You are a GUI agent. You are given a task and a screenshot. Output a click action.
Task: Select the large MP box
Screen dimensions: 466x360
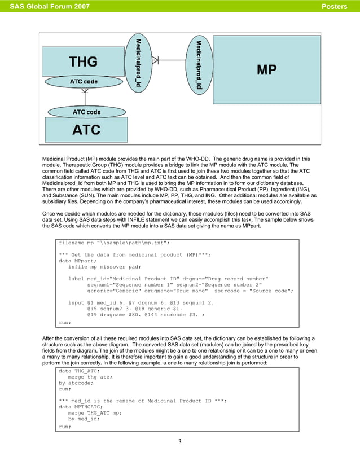coord(266,69)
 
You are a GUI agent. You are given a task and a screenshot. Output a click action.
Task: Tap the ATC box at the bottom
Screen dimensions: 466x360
coord(86,129)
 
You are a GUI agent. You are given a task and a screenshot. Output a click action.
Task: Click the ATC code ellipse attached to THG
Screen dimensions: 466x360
coord(84,82)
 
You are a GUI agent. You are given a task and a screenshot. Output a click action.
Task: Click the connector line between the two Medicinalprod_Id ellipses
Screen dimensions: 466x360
coord(168,59)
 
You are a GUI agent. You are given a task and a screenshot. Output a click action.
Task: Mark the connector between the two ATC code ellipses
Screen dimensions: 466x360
coord(85,96)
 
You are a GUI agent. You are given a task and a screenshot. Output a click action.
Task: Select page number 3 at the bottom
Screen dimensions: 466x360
coord(179,441)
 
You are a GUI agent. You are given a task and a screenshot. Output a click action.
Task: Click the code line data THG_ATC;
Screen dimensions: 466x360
coord(79,371)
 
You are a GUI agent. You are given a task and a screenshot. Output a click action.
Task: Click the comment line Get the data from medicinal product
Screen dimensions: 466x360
coord(135,255)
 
